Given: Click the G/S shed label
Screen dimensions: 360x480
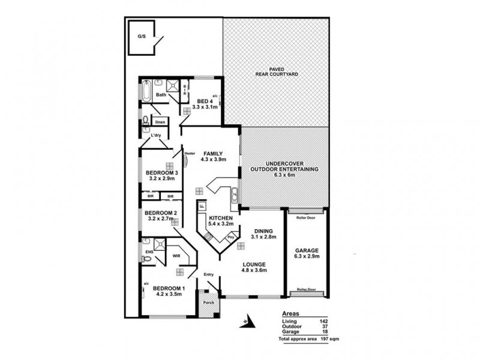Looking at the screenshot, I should pyautogui.click(x=141, y=36).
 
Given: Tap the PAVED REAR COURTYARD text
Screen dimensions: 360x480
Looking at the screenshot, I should pyautogui.click(x=276, y=75).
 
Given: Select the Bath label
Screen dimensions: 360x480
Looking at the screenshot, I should pyautogui.click(x=161, y=95).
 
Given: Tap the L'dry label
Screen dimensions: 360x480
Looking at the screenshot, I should pyautogui.click(x=156, y=136).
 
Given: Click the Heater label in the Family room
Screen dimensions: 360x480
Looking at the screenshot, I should pyautogui.click(x=190, y=152).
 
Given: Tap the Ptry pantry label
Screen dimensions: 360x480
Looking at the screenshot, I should pyautogui.click(x=230, y=238).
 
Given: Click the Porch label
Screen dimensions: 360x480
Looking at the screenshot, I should pyautogui.click(x=209, y=302).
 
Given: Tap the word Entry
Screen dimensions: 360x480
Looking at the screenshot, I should pyautogui.click(x=208, y=275).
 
